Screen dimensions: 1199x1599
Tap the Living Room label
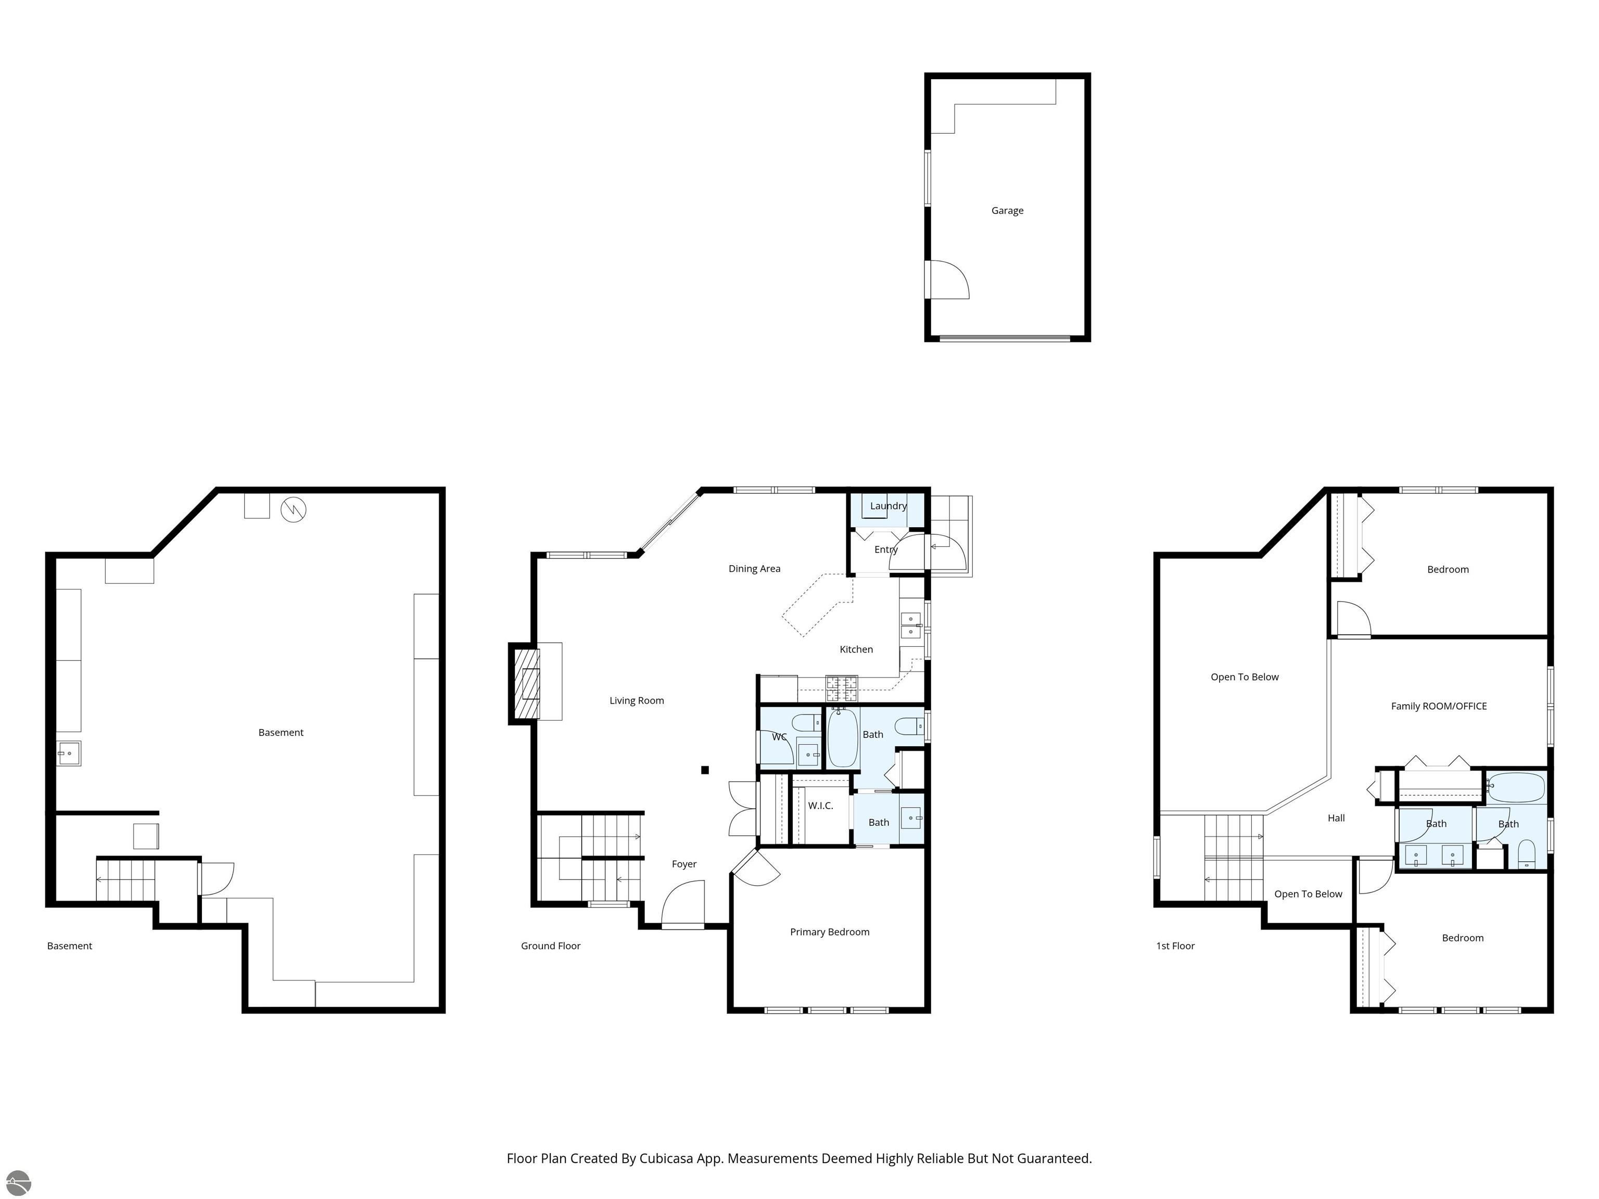pyautogui.click(x=636, y=700)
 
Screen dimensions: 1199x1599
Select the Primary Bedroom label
pyautogui.click(x=829, y=932)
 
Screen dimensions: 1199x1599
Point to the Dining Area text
pyautogui.click(x=754, y=569)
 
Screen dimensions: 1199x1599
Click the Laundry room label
pyautogui.click(x=887, y=506)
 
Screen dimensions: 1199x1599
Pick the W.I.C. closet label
pyautogui.click(x=820, y=806)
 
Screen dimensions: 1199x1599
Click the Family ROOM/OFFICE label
pyautogui.click(x=1439, y=706)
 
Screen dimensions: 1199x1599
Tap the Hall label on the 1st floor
pyautogui.click(x=1336, y=818)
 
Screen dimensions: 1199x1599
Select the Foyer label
pyautogui.click(x=684, y=864)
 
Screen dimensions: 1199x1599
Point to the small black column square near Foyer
pyautogui.click(x=705, y=770)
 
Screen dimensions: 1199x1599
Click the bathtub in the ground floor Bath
pyautogui.click(x=842, y=737)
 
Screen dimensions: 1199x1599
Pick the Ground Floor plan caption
pyautogui.click(x=550, y=946)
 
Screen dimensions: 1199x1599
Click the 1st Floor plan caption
pyautogui.click(x=1175, y=946)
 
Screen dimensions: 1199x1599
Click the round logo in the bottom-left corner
pyautogui.click(x=19, y=1182)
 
